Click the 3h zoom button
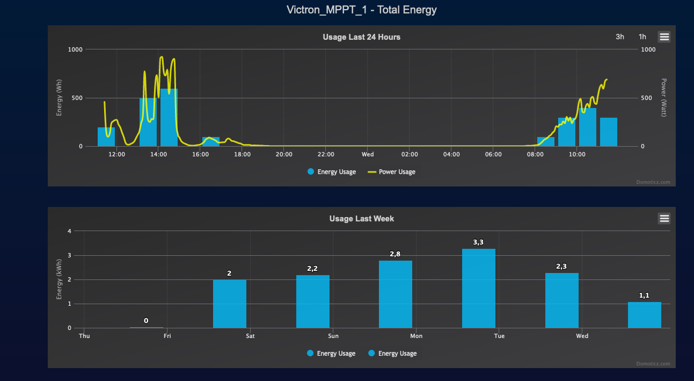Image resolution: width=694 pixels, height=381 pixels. (x=620, y=37)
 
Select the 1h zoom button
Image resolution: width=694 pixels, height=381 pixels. (x=642, y=37)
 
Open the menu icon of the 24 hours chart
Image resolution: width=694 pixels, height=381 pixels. (x=664, y=37)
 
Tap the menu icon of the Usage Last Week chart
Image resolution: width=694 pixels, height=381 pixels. (x=664, y=218)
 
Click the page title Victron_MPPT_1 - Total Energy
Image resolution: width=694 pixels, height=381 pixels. (x=362, y=10)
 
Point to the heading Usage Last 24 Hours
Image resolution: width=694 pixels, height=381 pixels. (x=361, y=37)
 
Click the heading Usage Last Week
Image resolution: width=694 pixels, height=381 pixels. (x=361, y=219)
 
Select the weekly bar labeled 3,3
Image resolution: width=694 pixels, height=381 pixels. (x=478, y=288)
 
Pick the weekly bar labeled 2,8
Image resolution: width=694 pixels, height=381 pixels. (x=396, y=294)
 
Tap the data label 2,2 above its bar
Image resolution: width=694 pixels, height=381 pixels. (x=312, y=268)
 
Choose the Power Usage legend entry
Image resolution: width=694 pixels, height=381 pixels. (x=391, y=172)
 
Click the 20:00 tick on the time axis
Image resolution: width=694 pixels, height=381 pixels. (x=284, y=155)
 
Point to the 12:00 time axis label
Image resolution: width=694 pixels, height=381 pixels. (x=116, y=155)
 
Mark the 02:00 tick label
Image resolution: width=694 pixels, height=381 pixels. (x=410, y=155)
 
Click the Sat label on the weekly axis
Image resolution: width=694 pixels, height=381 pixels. (x=250, y=336)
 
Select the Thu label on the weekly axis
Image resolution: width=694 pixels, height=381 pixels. (x=84, y=336)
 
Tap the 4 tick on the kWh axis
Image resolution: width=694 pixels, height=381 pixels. (x=69, y=231)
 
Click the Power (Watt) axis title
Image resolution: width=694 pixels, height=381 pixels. (x=663, y=97)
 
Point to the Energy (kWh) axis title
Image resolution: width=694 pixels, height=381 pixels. (x=60, y=279)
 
